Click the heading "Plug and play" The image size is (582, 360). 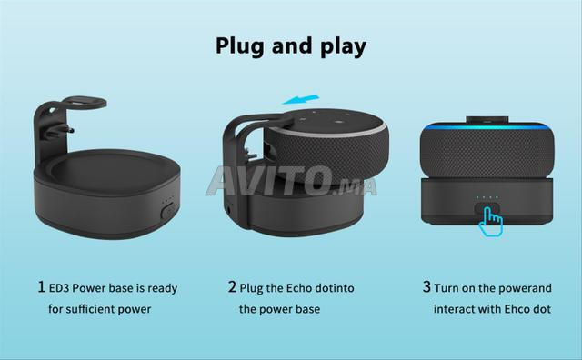[291, 45]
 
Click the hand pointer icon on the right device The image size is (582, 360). [491, 215]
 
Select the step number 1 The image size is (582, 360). [41, 287]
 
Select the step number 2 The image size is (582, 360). [232, 287]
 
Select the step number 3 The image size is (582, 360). [426, 287]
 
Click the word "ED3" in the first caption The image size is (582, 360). [61, 288]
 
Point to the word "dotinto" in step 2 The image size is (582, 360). [336, 288]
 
